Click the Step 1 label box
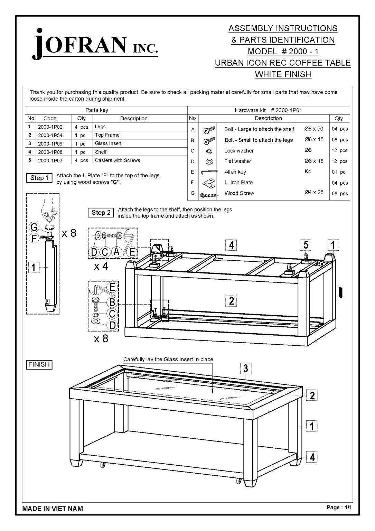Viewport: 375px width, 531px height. [x=39, y=178]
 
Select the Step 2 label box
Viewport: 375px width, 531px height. [x=101, y=213]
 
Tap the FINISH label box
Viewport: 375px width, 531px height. [x=39, y=364]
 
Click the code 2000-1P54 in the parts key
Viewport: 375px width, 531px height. [x=50, y=135]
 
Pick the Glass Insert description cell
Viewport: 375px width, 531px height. [x=108, y=143]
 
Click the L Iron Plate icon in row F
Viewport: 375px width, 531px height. [x=209, y=183]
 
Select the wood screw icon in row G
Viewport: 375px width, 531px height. [x=209, y=194]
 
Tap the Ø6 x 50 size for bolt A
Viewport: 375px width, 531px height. [x=314, y=129]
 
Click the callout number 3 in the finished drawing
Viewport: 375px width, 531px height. [x=245, y=369]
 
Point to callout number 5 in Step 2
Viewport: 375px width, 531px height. [x=306, y=245]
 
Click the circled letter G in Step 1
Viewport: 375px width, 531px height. [x=34, y=227]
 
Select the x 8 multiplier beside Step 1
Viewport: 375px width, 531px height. [x=69, y=233]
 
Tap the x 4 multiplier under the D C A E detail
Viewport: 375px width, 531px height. [x=101, y=267]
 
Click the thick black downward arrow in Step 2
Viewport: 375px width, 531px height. [x=341, y=293]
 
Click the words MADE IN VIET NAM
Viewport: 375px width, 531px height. [x=53, y=509]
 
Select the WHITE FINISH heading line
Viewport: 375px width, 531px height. [x=283, y=74]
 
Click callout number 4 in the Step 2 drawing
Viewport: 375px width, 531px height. [x=231, y=245]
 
